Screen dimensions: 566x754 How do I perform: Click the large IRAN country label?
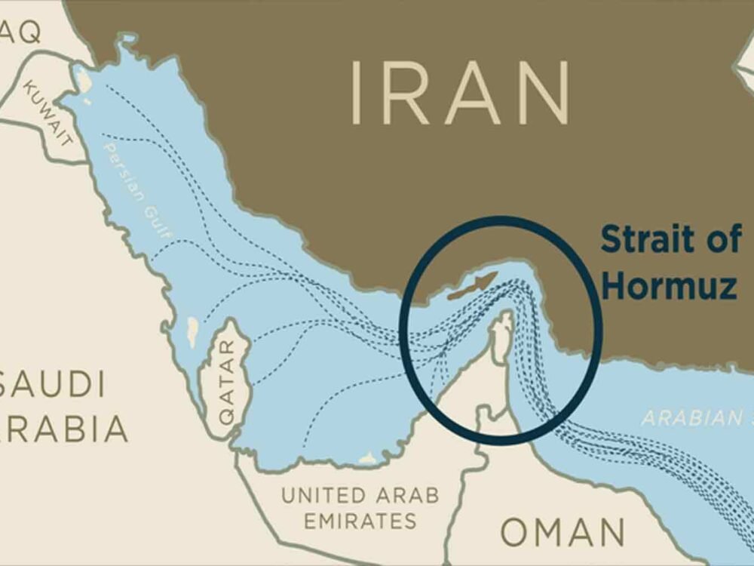(x=459, y=94)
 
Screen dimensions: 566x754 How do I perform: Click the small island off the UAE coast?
(x=369, y=457)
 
